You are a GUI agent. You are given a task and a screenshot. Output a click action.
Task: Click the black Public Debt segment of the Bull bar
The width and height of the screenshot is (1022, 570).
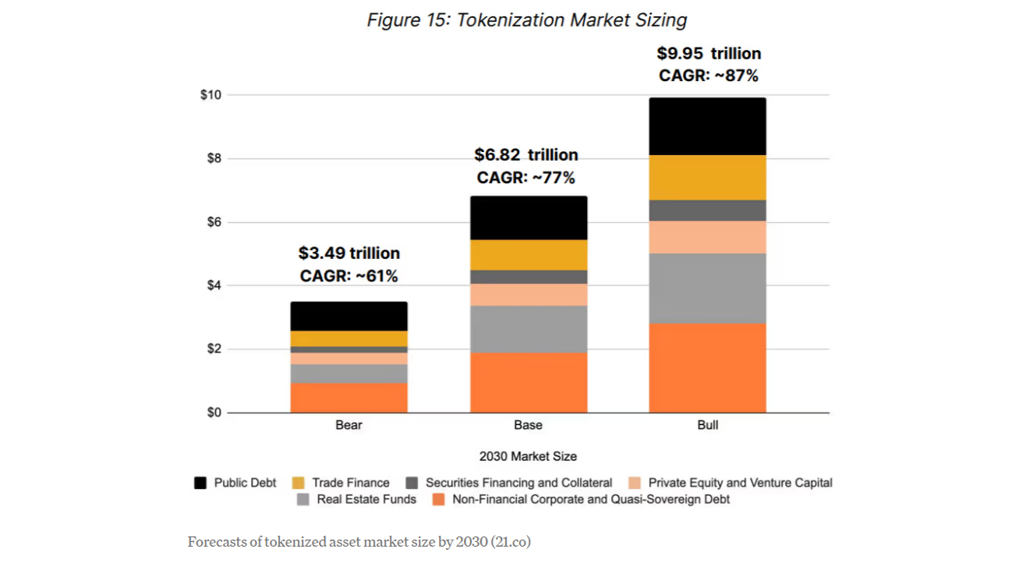[x=707, y=126]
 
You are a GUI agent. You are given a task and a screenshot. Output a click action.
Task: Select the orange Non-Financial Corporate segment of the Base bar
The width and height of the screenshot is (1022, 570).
[x=528, y=382]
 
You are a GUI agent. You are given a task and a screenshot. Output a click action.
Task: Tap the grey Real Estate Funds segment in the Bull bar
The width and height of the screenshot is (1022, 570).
[x=707, y=288]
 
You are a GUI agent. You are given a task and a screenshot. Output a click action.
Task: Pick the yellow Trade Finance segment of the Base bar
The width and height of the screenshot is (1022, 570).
[x=528, y=255]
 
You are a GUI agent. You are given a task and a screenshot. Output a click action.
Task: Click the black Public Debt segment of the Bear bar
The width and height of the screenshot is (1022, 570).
[x=348, y=316]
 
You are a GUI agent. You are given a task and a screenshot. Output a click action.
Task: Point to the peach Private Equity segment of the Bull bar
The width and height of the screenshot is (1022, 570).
[x=707, y=237]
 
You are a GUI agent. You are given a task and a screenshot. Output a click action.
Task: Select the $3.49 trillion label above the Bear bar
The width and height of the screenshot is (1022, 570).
[x=348, y=253]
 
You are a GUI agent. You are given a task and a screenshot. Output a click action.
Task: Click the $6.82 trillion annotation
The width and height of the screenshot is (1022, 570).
[x=526, y=155]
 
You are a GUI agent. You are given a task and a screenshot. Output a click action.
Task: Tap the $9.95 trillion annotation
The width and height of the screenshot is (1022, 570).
[x=709, y=54]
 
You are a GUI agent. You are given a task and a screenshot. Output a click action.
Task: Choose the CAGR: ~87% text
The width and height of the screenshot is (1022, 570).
[x=709, y=76]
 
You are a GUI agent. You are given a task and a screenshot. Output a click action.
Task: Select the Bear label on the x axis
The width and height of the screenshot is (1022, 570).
[x=348, y=426]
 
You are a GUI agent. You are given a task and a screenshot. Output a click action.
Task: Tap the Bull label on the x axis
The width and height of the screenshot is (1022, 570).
[x=707, y=426]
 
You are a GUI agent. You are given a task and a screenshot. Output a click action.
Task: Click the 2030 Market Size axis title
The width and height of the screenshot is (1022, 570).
[x=528, y=456]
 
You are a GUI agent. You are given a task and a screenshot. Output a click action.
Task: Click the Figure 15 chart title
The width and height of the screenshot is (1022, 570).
[x=527, y=20]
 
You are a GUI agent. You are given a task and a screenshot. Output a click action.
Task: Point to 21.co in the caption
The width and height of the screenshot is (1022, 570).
[x=511, y=541]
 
